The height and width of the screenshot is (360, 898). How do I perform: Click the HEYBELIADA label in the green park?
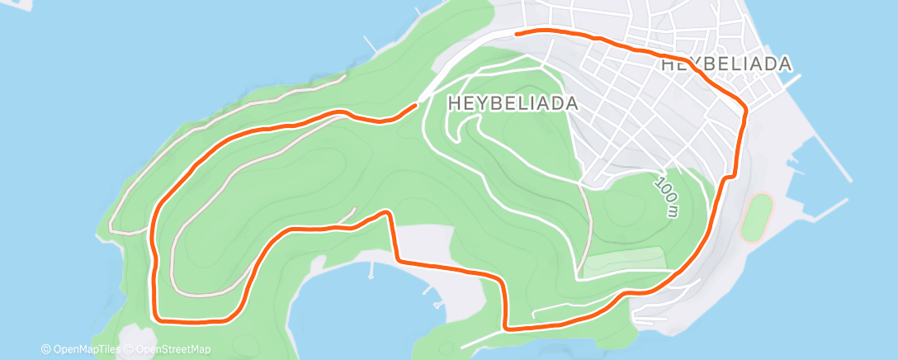[x=512, y=104]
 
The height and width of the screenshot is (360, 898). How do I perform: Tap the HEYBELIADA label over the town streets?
[x=726, y=64]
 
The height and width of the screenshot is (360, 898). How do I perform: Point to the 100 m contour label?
[x=667, y=195]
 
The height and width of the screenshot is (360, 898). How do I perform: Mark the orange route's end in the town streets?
[x=517, y=33]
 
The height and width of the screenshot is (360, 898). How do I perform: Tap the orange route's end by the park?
[x=415, y=105]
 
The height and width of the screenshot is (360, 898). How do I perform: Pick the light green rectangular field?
[x=625, y=263]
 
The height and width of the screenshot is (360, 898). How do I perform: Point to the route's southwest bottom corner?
[x=159, y=317]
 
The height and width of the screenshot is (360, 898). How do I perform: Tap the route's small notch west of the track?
[x=729, y=178]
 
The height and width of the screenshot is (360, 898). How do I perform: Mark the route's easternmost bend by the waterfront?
[x=746, y=108]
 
